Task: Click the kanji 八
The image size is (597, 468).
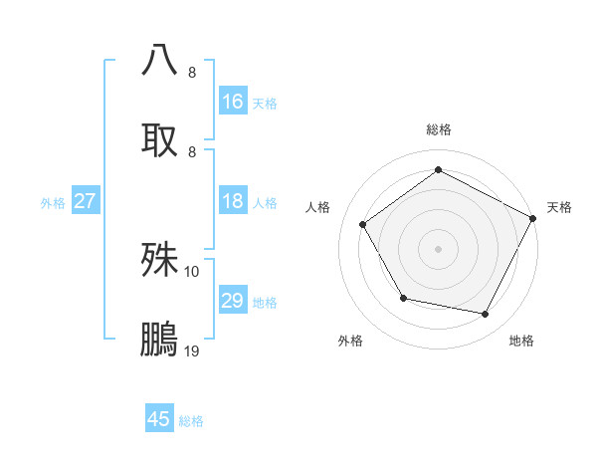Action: coord(160,59)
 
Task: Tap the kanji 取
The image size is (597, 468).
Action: coord(160,138)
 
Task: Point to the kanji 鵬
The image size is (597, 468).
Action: coord(160,339)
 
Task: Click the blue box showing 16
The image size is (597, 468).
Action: coord(232,101)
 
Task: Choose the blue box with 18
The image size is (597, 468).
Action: coord(232,201)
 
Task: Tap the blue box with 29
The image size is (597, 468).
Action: coord(232,301)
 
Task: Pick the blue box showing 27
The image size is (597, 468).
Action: coord(85,201)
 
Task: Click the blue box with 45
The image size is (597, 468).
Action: coord(159,419)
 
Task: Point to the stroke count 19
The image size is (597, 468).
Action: coord(192,351)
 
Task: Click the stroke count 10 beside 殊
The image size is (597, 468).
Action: coord(192,271)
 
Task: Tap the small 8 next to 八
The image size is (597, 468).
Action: coord(192,72)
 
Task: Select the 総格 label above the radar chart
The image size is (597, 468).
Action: coord(438,129)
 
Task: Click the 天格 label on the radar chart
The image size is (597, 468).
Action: coord(559,207)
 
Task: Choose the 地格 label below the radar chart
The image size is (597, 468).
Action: coord(521,341)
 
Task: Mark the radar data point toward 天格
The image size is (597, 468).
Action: coord(533,218)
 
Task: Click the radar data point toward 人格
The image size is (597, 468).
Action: coord(363,225)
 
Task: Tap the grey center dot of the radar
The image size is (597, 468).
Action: coord(438,248)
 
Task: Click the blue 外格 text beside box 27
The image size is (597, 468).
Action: coord(53,202)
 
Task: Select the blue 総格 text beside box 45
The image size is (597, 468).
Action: coord(191,421)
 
